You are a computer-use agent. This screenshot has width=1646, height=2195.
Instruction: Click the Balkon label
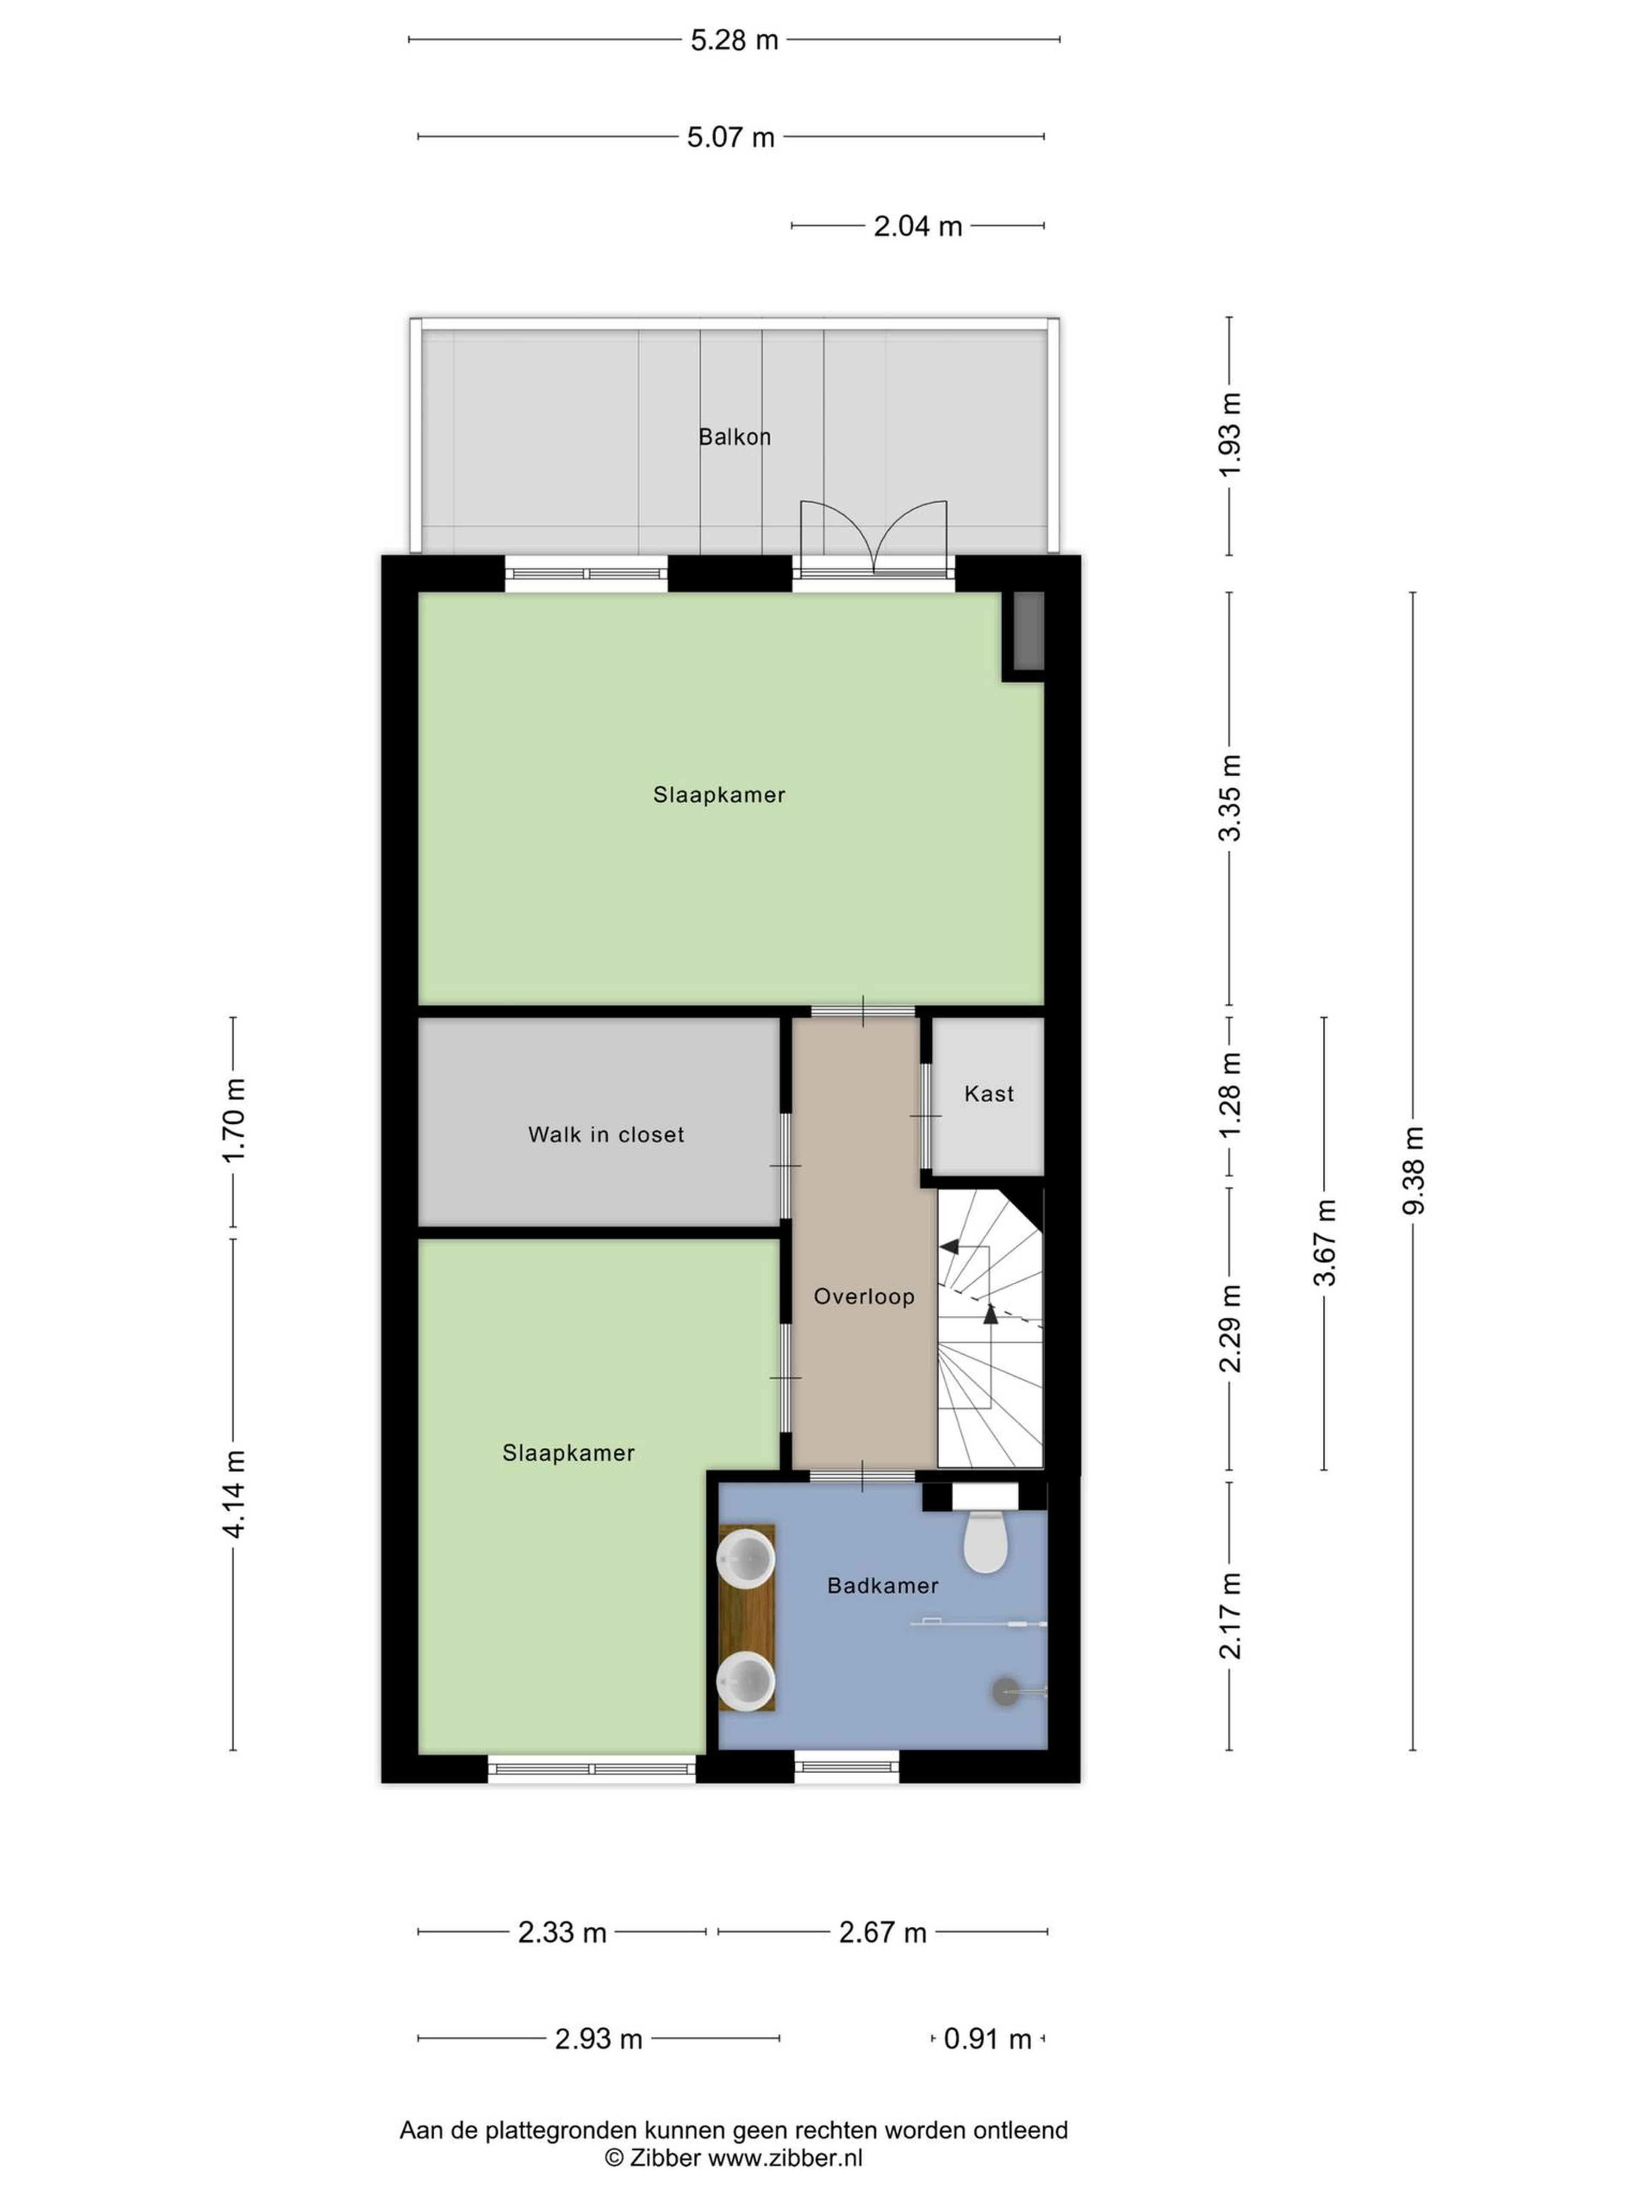[734, 436]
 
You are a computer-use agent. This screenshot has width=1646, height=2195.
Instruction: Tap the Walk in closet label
[606, 1134]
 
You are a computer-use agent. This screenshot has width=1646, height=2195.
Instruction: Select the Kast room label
[989, 1094]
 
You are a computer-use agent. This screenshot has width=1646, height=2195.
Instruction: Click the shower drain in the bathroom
[1005, 1691]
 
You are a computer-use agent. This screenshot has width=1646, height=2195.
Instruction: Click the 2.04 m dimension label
[918, 226]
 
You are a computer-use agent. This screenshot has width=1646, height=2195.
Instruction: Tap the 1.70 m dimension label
[233, 1122]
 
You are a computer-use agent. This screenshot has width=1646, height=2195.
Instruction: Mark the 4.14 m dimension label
[233, 1494]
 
